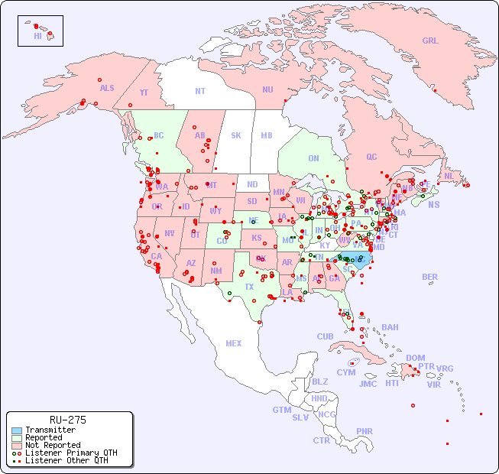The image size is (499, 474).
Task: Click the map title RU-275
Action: (x=67, y=420)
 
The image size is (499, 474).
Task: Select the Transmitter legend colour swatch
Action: (x=16, y=430)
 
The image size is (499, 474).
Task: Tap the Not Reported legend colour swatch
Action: (x=16, y=445)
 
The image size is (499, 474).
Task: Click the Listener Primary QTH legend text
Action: (x=71, y=453)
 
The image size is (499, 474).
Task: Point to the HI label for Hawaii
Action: (x=37, y=36)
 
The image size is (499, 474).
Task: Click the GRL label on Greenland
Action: (x=430, y=41)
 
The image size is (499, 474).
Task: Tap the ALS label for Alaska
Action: (x=107, y=88)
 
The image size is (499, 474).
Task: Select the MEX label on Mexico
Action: (x=234, y=343)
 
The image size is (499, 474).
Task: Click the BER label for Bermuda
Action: (x=429, y=277)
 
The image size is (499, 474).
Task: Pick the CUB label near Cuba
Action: (x=325, y=336)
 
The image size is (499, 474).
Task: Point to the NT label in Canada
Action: (x=200, y=90)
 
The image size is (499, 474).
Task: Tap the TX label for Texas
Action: (x=249, y=287)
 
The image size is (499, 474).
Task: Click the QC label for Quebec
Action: (x=371, y=157)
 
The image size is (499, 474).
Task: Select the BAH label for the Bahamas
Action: (x=390, y=327)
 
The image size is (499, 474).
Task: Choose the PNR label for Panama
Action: (x=365, y=431)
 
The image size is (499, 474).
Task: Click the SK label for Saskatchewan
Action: (x=236, y=135)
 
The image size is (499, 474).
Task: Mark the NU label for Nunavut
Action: (x=267, y=89)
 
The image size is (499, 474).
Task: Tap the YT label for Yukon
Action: (x=144, y=93)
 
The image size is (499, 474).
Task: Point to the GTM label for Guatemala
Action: (x=281, y=410)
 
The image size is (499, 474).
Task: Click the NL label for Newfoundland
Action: (x=449, y=175)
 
